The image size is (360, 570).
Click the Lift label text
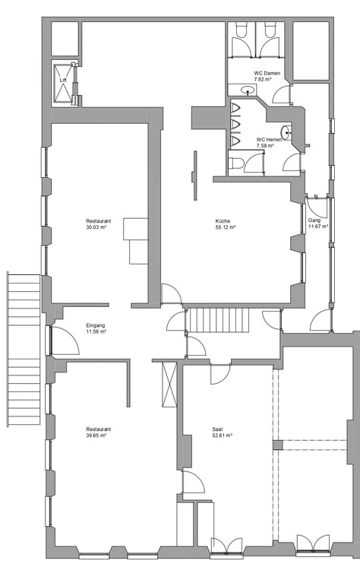tap(63, 80)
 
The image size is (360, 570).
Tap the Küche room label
tap(223, 220)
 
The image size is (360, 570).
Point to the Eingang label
tap(96, 325)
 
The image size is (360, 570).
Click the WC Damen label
tap(267, 73)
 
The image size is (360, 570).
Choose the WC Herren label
tap(269, 140)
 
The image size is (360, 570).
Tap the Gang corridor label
tap(314, 220)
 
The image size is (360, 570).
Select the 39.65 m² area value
tap(96, 435)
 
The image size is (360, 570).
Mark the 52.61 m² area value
tap(223, 435)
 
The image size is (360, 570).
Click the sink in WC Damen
tap(248, 90)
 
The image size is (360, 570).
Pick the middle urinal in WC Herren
tap(235, 124)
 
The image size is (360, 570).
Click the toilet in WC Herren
tap(235, 163)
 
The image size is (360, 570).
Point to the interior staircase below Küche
tap(218, 320)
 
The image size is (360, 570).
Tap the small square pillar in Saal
tap(278, 445)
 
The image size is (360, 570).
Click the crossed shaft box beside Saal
tap(169, 385)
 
